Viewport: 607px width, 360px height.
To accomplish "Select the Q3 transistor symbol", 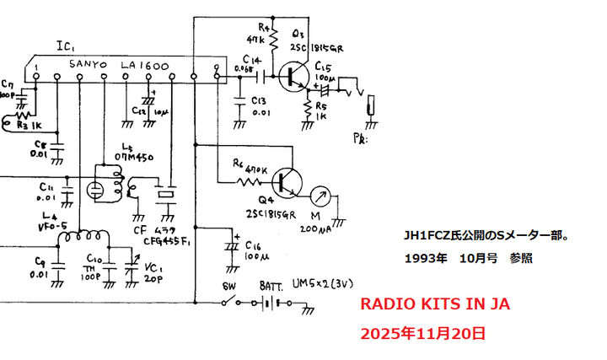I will point(295,77).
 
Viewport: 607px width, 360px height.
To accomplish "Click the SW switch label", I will point(227,287).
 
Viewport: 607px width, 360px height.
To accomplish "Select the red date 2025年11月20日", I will point(422,333).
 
